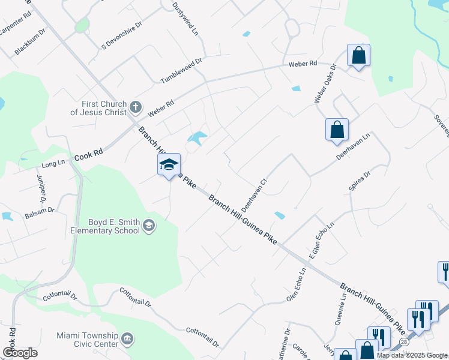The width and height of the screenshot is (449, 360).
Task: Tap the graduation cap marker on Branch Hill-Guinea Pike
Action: coord(169,164)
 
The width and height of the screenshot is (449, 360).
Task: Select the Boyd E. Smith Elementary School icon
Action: coord(148,226)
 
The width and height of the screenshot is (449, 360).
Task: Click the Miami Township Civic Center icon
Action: coord(127,340)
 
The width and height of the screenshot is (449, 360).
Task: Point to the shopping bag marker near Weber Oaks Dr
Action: coord(358,56)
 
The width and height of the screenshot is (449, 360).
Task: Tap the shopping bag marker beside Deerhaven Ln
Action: coord(337,130)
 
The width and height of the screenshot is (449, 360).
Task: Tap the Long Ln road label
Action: coord(53,163)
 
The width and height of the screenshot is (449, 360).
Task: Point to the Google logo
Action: coord(20,353)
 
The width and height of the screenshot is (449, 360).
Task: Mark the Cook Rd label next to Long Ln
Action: coord(88,155)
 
